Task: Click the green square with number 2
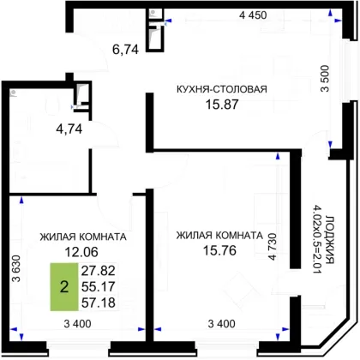(64, 286)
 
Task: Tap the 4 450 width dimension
(253, 15)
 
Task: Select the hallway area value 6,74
(125, 50)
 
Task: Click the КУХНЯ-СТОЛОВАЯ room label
(222, 89)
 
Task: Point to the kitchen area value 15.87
(222, 105)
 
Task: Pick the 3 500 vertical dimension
(325, 79)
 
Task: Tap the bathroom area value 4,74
(69, 129)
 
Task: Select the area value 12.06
(81, 252)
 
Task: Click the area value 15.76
(219, 250)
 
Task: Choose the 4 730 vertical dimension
(273, 247)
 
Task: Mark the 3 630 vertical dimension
(17, 268)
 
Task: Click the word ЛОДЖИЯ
(330, 240)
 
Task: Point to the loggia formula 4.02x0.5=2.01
(317, 239)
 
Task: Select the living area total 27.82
(99, 270)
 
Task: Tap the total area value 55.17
(99, 286)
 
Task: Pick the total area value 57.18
(99, 303)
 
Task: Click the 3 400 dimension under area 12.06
(77, 324)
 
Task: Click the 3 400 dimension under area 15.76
(222, 324)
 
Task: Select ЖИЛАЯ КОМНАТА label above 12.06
(83, 237)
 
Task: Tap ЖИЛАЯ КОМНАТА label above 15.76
(219, 236)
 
